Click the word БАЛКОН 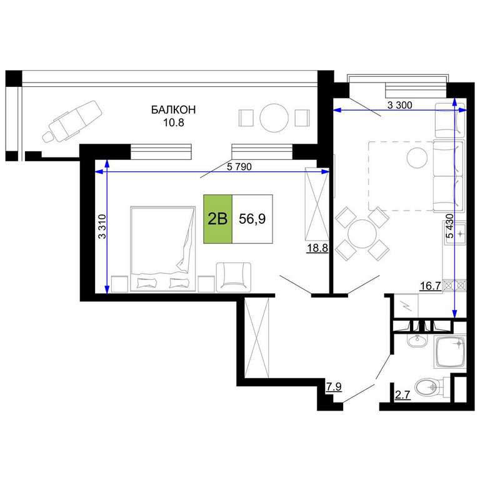[x=173, y=109]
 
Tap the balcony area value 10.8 [x=174, y=122]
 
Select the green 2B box [x=217, y=219]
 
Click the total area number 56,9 [x=252, y=219]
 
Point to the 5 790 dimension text [x=239, y=167]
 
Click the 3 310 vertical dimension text [x=102, y=226]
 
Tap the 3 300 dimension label [x=400, y=105]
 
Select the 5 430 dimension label [x=450, y=226]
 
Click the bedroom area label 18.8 [x=317, y=248]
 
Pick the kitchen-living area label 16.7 [x=431, y=286]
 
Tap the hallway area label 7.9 [x=333, y=387]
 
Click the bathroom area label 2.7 [x=402, y=395]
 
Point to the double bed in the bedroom [x=163, y=249]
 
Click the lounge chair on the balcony [x=72, y=120]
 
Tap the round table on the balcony [x=274, y=118]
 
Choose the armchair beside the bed [x=234, y=277]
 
